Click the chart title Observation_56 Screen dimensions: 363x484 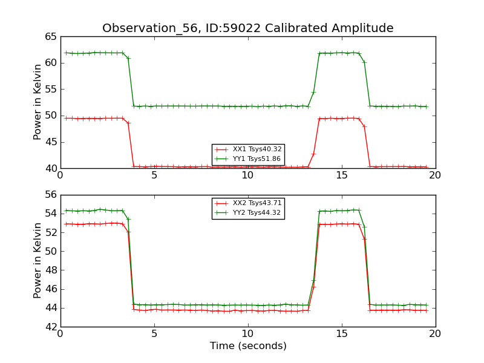point(247,28)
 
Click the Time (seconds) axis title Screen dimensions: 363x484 point(248,346)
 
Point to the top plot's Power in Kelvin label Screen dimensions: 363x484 point(38,102)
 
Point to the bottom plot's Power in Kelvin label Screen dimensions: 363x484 point(38,260)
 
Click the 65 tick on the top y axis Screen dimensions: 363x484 point(51,37)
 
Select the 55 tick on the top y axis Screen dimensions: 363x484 point(51,90)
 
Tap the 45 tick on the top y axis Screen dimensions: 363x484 point(51,142)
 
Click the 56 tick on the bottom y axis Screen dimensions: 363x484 point(51,195)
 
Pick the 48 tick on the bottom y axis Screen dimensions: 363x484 point(51,270)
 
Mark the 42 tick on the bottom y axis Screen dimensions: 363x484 point(51,327)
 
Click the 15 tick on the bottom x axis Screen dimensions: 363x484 point(342,334)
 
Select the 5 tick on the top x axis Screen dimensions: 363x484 point(154,175)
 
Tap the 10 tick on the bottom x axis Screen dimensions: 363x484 point(248,334)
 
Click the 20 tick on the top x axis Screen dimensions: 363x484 point(436,175)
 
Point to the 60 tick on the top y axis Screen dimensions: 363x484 point(51,63)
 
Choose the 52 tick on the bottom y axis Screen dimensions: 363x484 point(51,233)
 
